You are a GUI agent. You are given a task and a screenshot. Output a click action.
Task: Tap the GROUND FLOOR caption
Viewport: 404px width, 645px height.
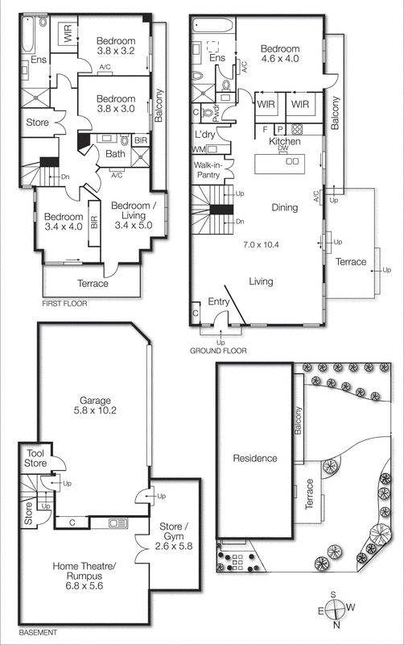point(218,351)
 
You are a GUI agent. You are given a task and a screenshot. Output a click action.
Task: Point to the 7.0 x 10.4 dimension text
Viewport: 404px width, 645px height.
point(265,243)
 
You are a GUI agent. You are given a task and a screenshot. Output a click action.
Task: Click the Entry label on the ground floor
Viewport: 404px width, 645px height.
point(219,301)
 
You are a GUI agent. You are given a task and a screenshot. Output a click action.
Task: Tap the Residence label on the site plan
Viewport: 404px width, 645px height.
point(255,458)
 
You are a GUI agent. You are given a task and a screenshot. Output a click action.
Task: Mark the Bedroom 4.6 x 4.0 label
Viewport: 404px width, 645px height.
point(280,53)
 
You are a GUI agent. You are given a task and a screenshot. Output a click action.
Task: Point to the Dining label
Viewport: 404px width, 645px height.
point(284,207)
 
